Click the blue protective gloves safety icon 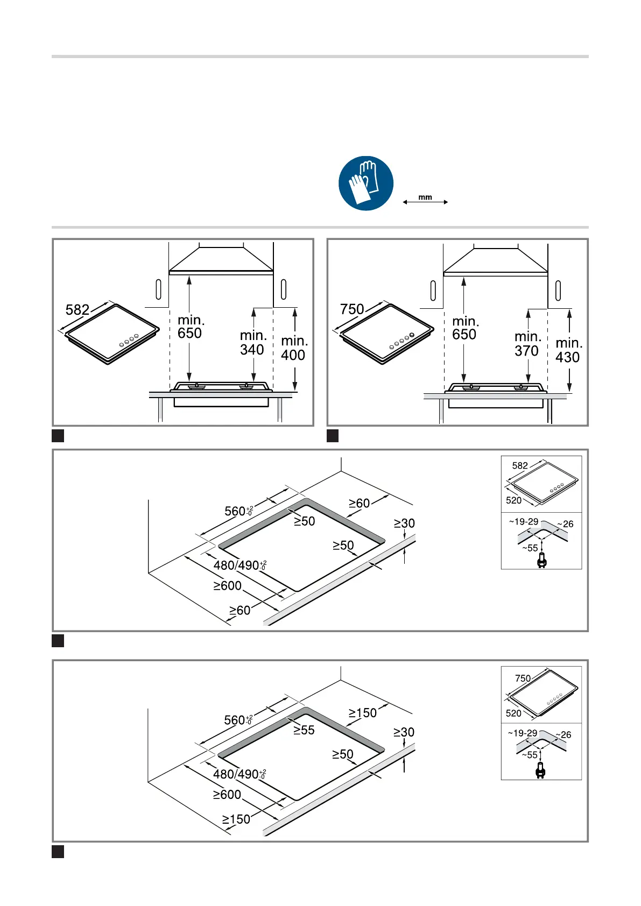365,183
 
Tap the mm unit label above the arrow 425,197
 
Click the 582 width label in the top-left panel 78,310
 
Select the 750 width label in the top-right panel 352,309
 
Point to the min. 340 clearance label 252,343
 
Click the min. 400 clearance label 293,348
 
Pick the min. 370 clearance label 527,344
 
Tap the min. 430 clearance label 568,350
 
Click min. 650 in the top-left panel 190,327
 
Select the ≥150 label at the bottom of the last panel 236,819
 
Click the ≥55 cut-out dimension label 304,730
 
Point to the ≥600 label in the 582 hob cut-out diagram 227,585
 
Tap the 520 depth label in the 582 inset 514,500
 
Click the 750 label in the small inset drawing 523,678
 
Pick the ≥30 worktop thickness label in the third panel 404,523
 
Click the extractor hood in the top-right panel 496,261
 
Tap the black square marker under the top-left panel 58,436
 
